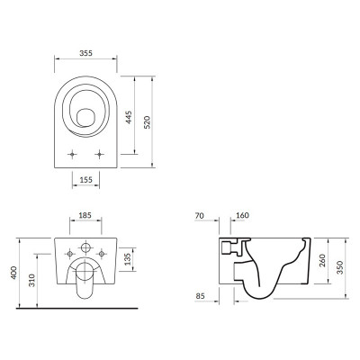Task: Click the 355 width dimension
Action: pyautogui.click(x=85, y=53)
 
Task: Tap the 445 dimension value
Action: pyautogui.click(x=129, y=117)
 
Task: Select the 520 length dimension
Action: pyautogui.click(x=147, y=121)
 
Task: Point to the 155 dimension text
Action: pyautogui.click(x=85, y=180)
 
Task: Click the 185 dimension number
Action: pyautogui.click(x=85, y=215)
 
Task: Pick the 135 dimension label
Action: pyautogui.click(x=128, y=259)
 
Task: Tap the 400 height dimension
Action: pyautogui.click(x=14, y=273)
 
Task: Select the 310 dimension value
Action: pyautogui.click(x=31, y=280)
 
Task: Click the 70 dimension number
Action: pyautogui.click(x=200, y=215)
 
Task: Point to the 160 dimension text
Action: pyautogui.click(x=242, y=215)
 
